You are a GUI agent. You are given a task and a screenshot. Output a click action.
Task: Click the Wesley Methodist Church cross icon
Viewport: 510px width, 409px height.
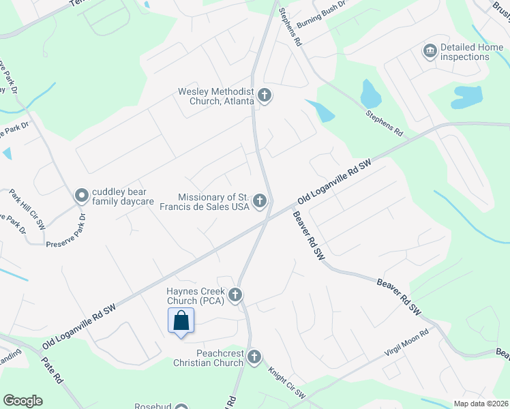264,96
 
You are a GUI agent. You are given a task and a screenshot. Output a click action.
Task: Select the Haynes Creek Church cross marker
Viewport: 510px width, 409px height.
235,295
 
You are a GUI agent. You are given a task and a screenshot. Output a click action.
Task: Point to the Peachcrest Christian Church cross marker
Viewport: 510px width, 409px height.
254,357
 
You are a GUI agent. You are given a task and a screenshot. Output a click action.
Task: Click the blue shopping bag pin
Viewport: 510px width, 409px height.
181,320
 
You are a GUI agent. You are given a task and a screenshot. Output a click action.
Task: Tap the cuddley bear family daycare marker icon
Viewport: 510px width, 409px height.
82,196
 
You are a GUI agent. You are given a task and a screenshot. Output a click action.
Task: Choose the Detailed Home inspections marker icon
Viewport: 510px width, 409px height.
430,51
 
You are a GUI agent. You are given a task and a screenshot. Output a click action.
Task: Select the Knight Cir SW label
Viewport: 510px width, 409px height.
286,384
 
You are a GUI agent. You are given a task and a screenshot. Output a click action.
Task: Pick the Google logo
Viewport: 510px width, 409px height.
22,401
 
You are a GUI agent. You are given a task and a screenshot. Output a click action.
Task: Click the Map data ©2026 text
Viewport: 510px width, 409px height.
481,404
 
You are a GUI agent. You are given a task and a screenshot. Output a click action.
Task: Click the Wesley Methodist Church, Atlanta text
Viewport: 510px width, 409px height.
215,96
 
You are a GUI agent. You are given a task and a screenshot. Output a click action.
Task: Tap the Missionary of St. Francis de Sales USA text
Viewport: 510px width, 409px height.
203,202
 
